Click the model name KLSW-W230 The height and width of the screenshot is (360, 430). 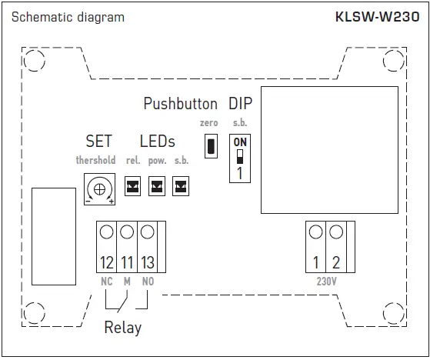[377, 16]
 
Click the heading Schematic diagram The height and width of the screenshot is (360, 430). [68, 17]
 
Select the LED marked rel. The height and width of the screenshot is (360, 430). [132, 185]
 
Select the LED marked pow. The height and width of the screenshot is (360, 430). [157, 185]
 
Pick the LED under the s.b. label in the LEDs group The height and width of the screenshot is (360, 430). [181, 185]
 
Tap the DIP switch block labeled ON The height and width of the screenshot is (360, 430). [240, 158]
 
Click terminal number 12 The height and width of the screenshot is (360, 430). [107, 262]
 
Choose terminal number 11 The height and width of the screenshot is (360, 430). [127, 262]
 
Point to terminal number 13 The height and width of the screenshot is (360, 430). [147, 262]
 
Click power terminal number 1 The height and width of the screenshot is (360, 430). [316, 262]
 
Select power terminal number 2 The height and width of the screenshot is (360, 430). [336, 262]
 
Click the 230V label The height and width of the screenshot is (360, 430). [326, 282]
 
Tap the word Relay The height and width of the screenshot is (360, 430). [123, 328]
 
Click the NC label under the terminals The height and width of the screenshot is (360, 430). [107, 282]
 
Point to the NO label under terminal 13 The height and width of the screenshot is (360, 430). [148, 282]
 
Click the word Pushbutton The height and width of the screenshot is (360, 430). [181, 104]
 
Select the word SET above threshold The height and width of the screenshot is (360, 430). [98, 142]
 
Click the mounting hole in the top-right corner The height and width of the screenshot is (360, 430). [392, 61]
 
